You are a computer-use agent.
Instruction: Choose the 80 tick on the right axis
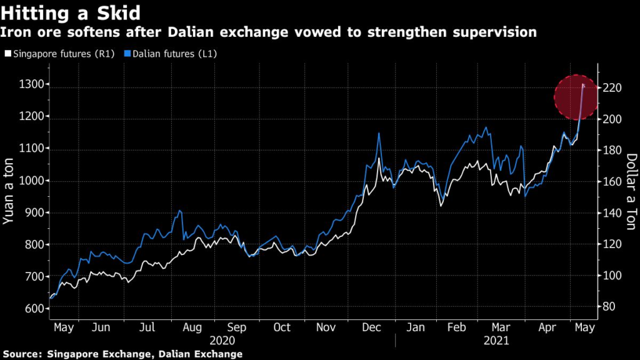point(609,306)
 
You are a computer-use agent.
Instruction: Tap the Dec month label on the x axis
point(372,327)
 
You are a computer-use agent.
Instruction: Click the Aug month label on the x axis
point(192,327)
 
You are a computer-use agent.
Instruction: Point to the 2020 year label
point(222,341)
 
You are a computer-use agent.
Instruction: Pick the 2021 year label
point(497,341)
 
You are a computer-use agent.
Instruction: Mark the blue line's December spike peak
point(379,133)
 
